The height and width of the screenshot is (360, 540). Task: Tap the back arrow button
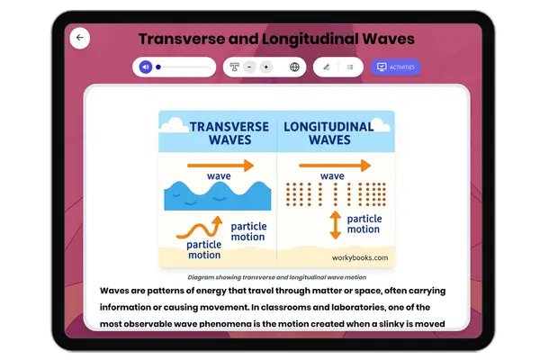[80, 38]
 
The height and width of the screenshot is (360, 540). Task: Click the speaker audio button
[146, 67]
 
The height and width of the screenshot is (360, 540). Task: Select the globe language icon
[294, 67]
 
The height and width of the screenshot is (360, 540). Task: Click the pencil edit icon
[326, 67]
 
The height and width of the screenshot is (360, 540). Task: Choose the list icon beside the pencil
[349, 67]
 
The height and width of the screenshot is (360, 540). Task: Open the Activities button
[396, 67]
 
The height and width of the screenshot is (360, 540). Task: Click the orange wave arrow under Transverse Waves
[220, 166]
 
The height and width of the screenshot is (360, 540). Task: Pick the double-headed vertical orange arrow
[335, 224]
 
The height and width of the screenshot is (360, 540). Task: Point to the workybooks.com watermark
[359, 258]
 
